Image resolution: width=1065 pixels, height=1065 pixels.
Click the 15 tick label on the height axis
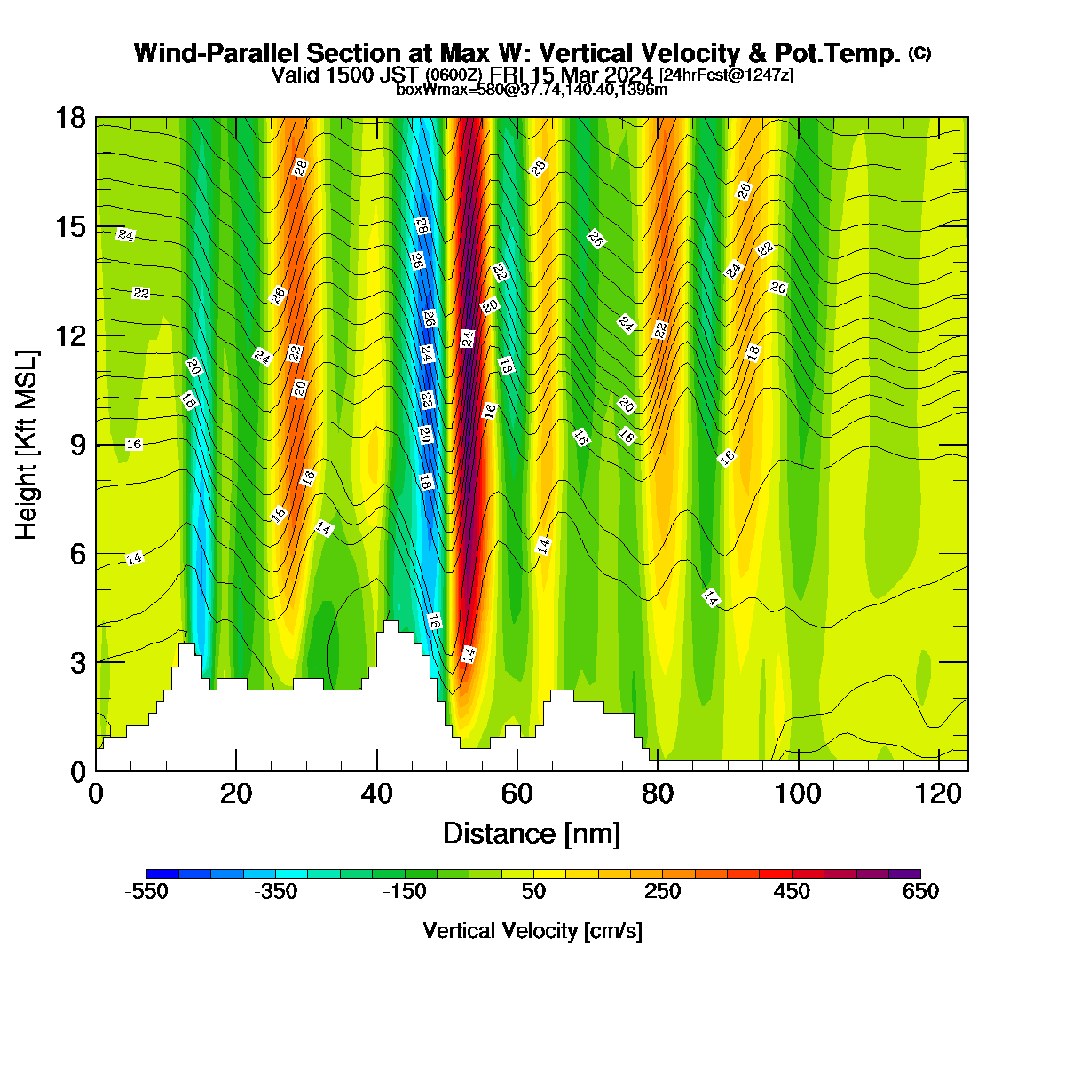(x=72, y=227)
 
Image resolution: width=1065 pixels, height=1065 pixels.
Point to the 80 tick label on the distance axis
(x=657, y=794)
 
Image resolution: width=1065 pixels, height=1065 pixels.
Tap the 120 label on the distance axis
(x=938, y=794)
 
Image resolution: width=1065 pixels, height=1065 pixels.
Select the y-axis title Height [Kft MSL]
(x=26, y=445)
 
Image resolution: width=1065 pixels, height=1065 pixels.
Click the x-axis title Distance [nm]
(x=532, y=834)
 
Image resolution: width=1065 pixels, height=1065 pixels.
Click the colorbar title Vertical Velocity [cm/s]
(x=532, y=931)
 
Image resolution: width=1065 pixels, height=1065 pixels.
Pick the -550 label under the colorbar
(x=146, y=891)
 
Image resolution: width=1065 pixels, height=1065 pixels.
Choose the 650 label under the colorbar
(x=920, y=891)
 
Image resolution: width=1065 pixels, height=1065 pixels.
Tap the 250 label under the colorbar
(x=662, y=891)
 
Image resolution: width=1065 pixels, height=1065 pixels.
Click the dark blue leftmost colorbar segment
(x=162, y=873)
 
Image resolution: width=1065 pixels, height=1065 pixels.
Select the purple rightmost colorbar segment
(x=904, y=873)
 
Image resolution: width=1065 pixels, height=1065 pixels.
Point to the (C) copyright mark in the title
(x=919, y=53)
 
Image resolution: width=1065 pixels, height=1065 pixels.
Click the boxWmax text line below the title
(x=532, y=90)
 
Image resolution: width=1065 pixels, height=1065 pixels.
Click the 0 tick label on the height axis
(x=78, y=771)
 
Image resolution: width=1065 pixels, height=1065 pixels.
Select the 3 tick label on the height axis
(x=78, y=663)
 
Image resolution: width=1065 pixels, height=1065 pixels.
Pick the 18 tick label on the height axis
(x=72, y=118)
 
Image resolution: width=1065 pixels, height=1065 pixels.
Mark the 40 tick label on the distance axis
(x=376, y=794)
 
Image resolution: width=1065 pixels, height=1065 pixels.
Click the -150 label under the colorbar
(x=405, y=891)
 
